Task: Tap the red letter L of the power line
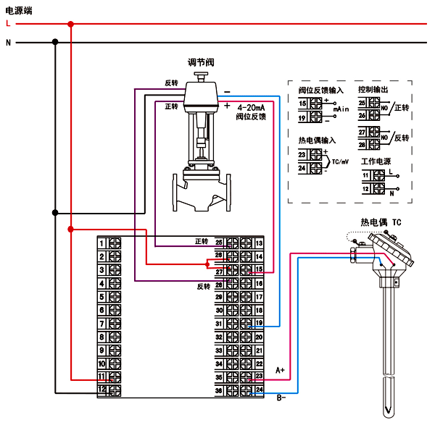point(8,24)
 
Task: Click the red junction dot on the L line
point(70,25)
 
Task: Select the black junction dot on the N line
point(55,43)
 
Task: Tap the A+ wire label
point(281,371)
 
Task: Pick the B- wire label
point(282,397)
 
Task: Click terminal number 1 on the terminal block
point(102,242)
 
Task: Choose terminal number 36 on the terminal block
point(218,391)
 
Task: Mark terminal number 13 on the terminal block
point(258,242)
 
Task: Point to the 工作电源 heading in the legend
point(376,161)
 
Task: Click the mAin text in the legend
point(342,109)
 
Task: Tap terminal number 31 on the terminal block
point(218,323)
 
